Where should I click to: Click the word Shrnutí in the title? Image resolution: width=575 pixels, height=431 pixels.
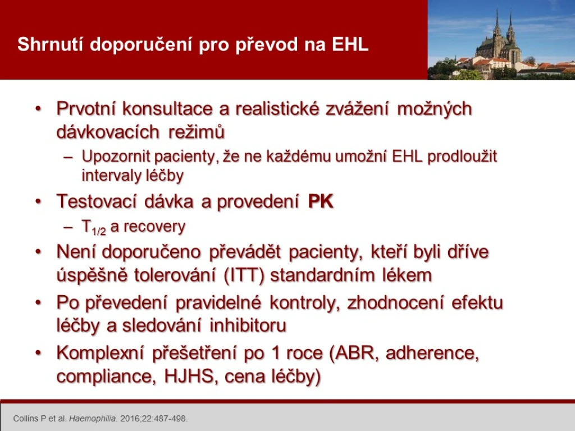[x=50, y=44]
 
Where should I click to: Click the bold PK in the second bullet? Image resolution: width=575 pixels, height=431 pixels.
[x=321, y=201]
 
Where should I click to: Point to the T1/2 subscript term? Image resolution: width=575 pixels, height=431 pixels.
[x=94, y=228]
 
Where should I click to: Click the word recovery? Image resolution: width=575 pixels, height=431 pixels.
[x=154, y=227]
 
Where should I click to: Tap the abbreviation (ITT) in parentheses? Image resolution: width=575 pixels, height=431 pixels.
[x=244, y=275]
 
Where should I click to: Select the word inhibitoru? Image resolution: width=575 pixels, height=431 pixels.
[x=248, y=325]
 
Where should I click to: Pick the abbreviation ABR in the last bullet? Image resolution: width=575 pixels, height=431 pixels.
[x=358, y=354]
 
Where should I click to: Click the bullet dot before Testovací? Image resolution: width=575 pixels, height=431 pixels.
[x=39, y=202]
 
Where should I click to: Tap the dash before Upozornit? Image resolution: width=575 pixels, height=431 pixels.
[x=69, y=157]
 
